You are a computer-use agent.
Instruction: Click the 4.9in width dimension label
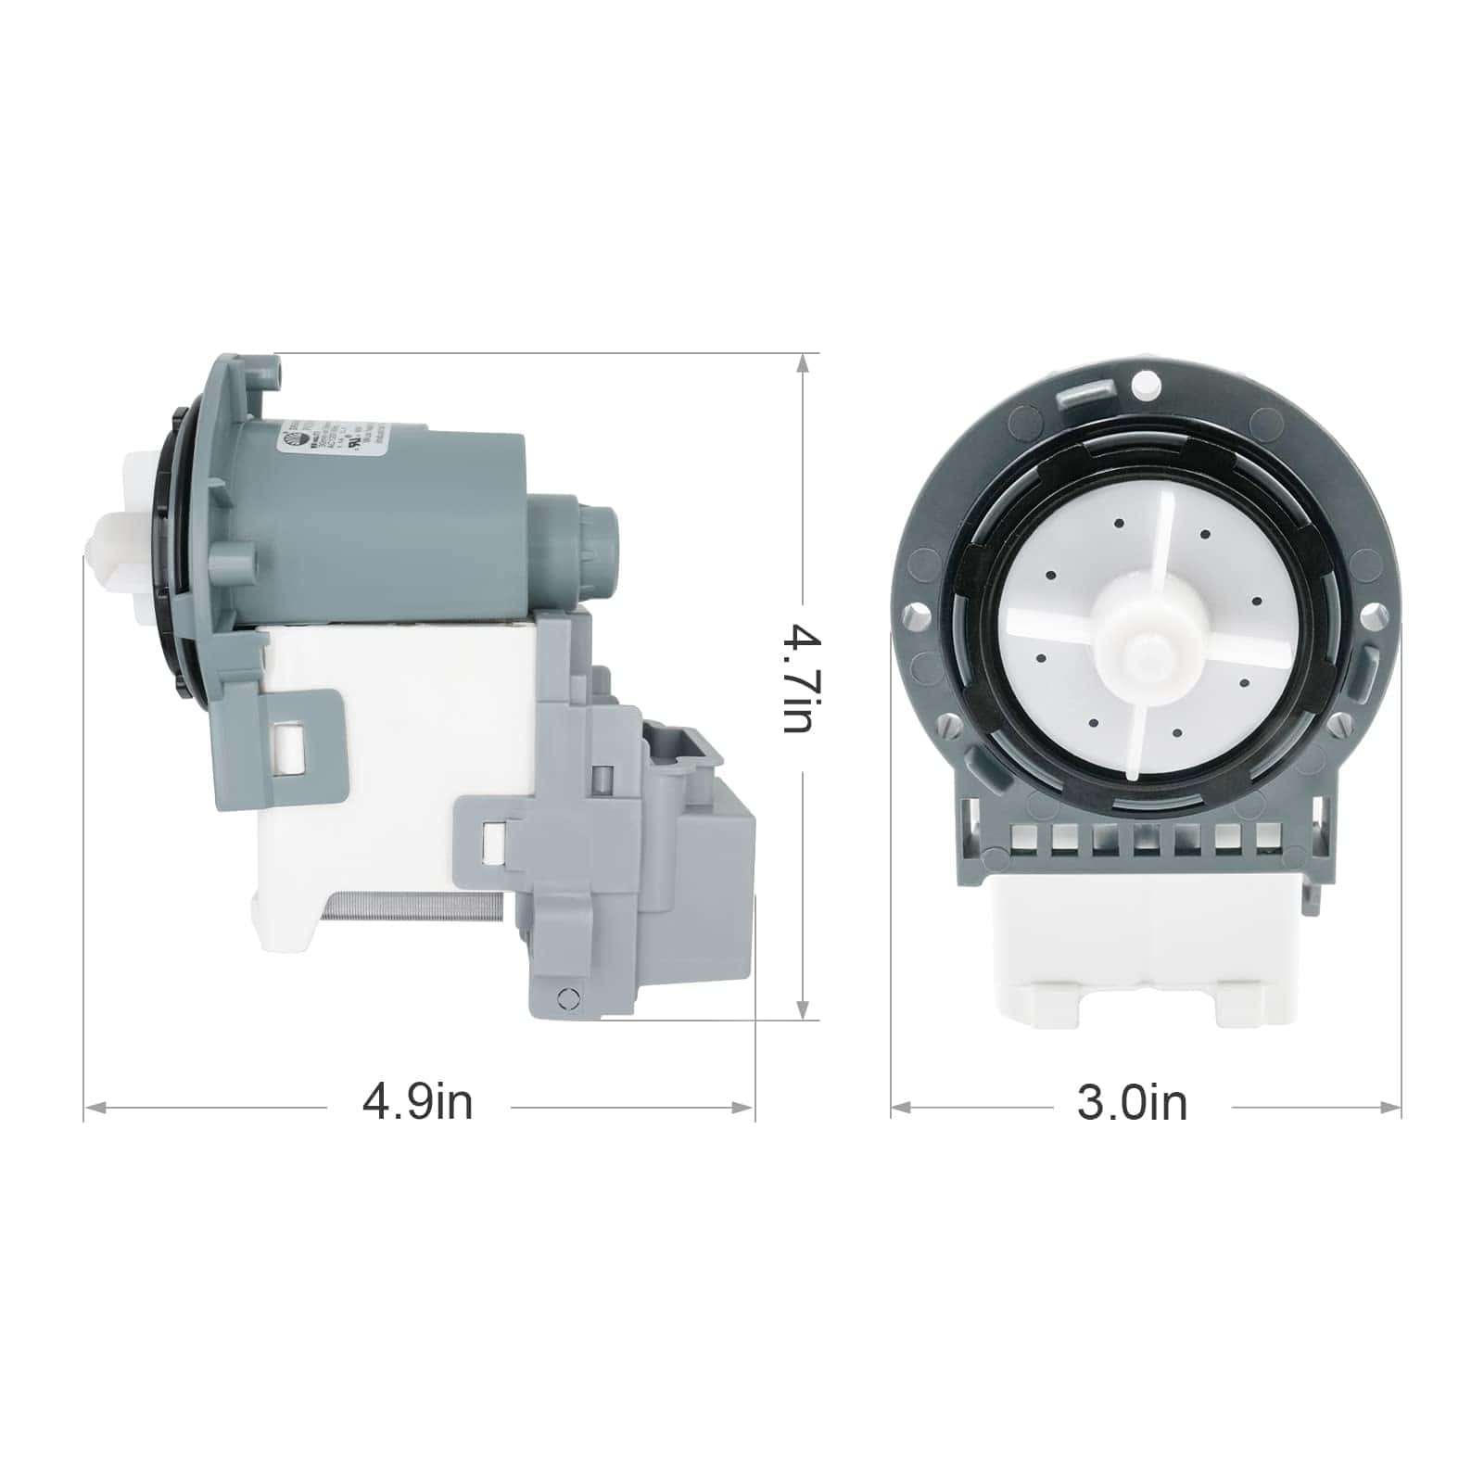417,1104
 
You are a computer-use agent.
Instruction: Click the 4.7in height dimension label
798,679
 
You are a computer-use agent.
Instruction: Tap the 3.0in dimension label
1132,1104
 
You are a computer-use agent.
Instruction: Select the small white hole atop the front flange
1146,381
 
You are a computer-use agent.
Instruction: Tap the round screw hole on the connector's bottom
568,997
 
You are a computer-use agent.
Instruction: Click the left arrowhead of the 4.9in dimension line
93,1107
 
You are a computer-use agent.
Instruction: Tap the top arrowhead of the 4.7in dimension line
803,363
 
